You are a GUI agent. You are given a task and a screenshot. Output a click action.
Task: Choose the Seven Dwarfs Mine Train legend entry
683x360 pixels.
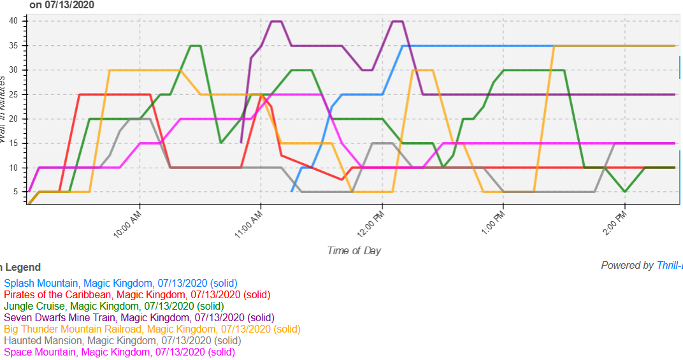[x=139, y=317]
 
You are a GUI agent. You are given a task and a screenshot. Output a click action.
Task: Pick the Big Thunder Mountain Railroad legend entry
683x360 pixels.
[x=152, y=329]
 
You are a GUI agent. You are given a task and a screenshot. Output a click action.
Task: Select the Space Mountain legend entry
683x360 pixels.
[x=119, y=352]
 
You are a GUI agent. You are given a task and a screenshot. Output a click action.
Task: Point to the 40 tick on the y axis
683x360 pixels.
[x=22, y=21]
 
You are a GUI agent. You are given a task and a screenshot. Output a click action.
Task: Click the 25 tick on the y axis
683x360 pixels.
[x=22, y=94]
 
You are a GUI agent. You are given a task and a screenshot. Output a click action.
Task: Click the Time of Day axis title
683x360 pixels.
[x=354, y=250]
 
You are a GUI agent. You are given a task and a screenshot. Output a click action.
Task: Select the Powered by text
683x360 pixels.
[x=628, y=266]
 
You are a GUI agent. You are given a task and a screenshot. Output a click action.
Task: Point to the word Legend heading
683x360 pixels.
[x=22, y=268]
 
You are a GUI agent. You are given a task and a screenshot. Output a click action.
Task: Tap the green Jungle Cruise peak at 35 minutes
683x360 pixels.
[x=196, y=46]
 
